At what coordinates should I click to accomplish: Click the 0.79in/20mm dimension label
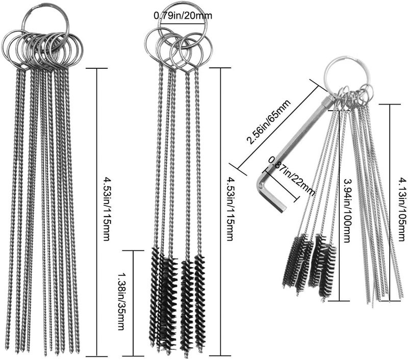183,16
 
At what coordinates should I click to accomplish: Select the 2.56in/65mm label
269,122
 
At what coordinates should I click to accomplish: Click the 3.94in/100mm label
347,211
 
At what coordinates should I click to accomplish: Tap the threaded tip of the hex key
328,100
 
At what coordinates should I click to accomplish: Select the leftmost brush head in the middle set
155,297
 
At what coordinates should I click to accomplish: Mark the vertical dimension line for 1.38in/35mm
133,303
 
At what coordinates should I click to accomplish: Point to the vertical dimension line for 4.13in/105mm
390,203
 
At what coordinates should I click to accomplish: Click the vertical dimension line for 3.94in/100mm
340,206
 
